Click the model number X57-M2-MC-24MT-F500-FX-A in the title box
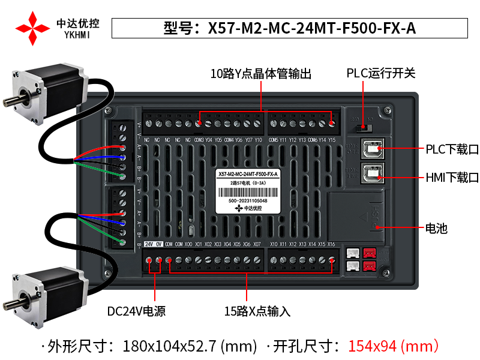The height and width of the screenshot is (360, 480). [311, 28]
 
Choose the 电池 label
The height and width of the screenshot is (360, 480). [436, 228]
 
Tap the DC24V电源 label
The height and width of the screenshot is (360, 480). [136, 311]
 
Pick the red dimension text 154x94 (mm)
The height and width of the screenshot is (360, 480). [394, 346]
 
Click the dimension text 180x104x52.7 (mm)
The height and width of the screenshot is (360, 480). [190, 346]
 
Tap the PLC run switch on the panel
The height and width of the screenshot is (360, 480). [362, 127]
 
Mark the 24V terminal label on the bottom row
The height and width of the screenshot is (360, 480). [149, 245]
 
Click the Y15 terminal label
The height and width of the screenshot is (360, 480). [331, 140]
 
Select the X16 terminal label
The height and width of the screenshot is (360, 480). [331, 245]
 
